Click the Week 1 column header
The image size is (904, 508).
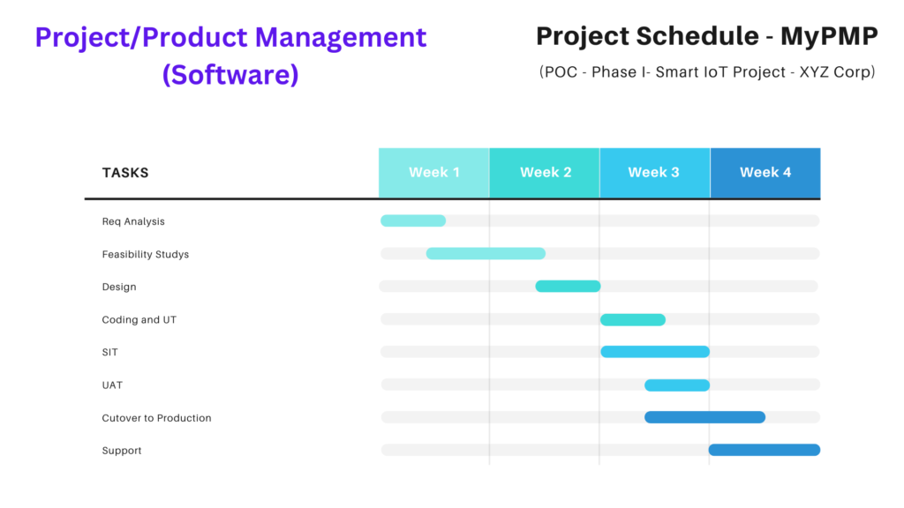434,173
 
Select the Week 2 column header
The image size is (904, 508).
545,173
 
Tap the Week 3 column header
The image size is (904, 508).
655,173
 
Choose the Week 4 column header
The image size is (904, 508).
765,173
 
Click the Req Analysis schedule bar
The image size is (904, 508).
413,220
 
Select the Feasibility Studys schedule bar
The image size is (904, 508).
486,253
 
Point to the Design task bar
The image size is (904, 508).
568,287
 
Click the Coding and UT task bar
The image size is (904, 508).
633,319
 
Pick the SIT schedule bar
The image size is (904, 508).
655,352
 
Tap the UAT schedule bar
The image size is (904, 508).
677,385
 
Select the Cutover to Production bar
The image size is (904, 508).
705,417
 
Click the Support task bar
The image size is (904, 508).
765,450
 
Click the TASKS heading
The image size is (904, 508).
125,173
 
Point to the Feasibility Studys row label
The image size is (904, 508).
146,254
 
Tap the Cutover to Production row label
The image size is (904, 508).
157,418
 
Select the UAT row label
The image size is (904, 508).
112,385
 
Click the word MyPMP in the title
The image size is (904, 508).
829,36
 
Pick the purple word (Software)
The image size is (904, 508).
230,74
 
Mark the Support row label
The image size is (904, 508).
122,451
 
